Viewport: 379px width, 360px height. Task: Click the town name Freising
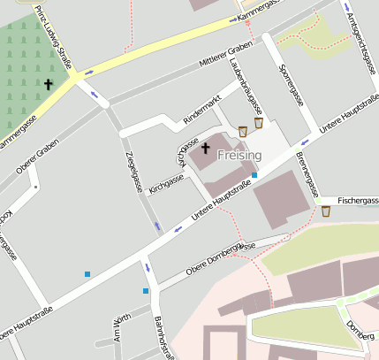click(x=239, y=155)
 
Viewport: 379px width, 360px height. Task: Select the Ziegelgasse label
click(x=134, y=171)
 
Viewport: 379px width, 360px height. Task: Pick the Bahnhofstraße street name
click(x=162, y=337)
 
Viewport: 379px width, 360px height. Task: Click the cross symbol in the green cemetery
click(x=49, y=84)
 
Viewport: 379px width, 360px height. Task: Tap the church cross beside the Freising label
click(x=207, y=147)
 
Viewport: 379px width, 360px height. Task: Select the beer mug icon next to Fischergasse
click(x=326, y=211)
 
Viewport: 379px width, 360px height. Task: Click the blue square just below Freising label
click(x=254, y=175)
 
